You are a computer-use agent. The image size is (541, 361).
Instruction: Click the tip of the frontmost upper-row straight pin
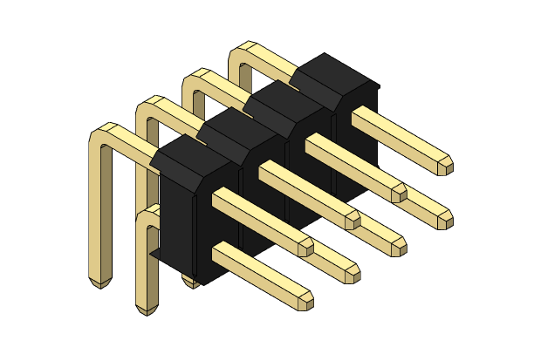point(305,247)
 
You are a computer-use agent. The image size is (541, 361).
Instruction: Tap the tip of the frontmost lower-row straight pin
point(305,301)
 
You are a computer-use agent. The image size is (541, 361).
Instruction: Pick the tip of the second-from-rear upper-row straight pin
point(399,192)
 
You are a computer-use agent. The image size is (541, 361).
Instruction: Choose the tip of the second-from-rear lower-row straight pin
point(399,246)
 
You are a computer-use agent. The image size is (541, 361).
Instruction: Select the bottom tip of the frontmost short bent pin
point(147,309)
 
